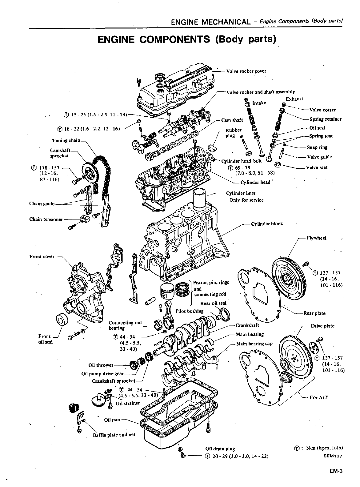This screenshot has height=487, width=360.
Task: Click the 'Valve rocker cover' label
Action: (x=246, y=71)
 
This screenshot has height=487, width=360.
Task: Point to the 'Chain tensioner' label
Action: (x=46, y=219)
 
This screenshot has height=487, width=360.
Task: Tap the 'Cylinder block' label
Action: (x=267, y=224)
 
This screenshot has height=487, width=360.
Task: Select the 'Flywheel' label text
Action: (x=316, y=238)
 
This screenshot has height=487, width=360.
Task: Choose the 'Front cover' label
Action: (x=42, y=256)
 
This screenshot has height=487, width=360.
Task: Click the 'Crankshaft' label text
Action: (x=247, y=325)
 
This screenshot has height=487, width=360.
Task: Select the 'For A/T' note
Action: (x=319, y=397)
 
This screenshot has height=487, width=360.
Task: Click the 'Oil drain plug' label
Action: (x=220, y=449)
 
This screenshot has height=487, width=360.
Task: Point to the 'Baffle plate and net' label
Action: (x=114, y=435)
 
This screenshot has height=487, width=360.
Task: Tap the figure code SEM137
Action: (x=334, y=456)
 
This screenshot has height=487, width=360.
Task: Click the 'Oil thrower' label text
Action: (x=101, y=365)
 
